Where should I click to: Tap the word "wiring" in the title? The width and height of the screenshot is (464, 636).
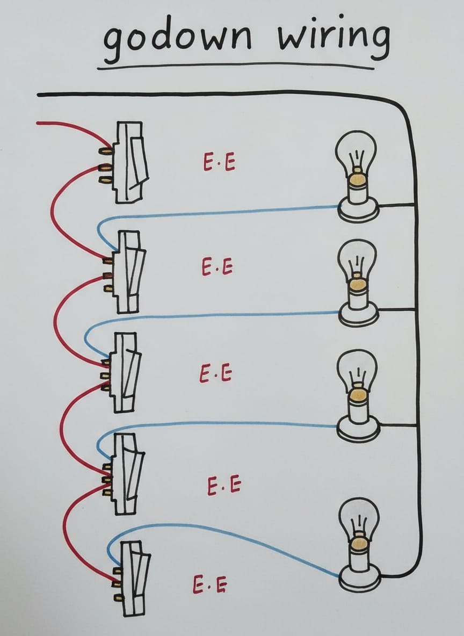pos(333,38)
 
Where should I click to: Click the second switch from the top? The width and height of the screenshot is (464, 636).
pos(129,271)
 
